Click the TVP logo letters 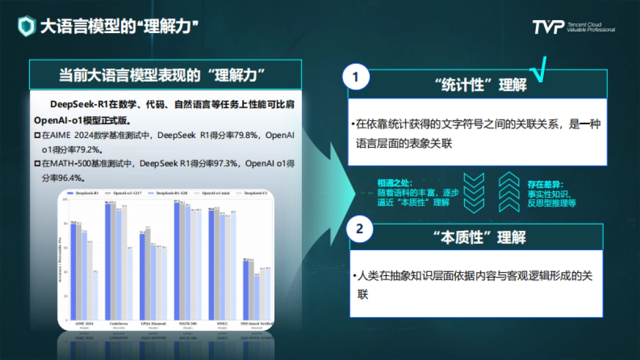click(x=548, y=27)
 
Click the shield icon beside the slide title click(x=26, y=26)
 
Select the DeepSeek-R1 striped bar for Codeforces click(x=108, y=261)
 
